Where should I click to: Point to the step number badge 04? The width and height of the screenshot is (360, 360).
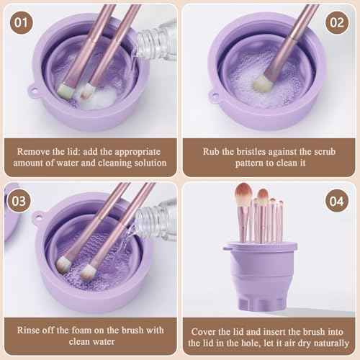(336, 201)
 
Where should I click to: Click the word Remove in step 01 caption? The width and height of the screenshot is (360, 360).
(37, 153)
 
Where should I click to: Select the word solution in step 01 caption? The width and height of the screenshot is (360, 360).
(147, 163)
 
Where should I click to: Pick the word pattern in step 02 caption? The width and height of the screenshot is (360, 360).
(235, 163)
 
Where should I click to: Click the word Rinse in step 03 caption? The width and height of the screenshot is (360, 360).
(34, 330)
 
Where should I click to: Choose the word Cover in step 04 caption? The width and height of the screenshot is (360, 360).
(206, 330)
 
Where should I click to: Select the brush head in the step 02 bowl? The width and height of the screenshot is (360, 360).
(261, 82)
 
